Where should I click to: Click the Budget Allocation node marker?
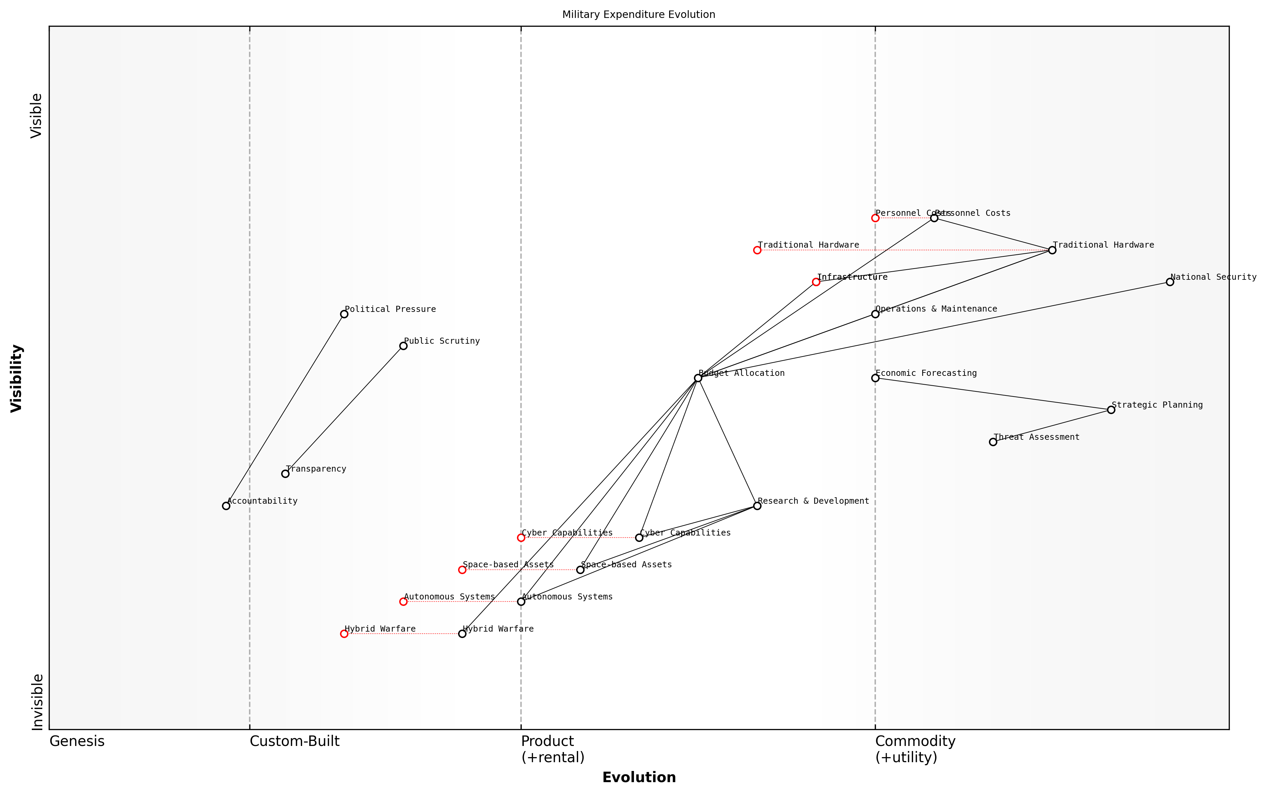click(698, 378)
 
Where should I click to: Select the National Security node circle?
click(1170, 282)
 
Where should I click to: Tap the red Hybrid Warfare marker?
click(344, 634)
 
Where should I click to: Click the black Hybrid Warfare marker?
click(462, 634)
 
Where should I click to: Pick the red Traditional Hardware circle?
click(757, 250)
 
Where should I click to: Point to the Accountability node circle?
click(226, 506)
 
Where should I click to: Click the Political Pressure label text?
click(390, 309)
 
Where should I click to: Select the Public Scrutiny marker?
click(403, 346)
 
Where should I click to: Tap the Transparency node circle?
click(285, 474)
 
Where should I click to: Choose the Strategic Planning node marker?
click(1111, 410)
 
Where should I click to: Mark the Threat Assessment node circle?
click(993, 442)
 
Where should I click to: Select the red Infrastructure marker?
click(816, 282)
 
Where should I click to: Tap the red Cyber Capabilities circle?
click(521, 537)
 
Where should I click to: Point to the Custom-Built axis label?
click(294, 741)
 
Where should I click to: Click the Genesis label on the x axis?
click(77, 741)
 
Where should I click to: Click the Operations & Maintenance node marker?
click(875, 314)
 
